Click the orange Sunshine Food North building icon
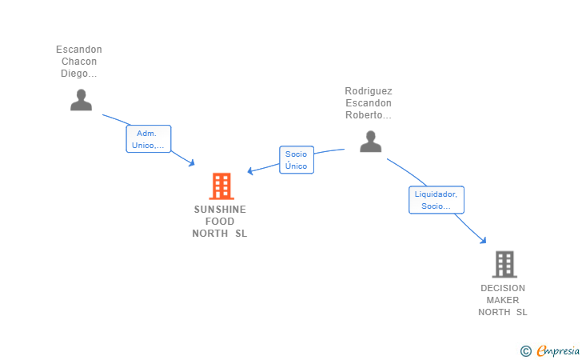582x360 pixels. pos(221,186)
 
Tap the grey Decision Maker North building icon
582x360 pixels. pos(504,265)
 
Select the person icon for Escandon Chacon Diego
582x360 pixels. pos(81,100)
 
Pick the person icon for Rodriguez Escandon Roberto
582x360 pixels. pos(370,142)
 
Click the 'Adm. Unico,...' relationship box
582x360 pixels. pos(149,139)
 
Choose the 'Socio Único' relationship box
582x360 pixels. pos(297,160)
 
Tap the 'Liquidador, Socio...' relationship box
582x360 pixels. pos(436,200)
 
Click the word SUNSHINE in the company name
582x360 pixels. pos(220,210)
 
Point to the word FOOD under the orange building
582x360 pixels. pos(220,222)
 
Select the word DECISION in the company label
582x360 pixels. pos(503,288)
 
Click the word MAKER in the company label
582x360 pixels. pos(503,300)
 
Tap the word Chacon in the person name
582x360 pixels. pos(79,62)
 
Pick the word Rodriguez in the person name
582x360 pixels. pos(369,91)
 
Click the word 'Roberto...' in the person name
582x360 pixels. pos(369,115)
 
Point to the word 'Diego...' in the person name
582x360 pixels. pos(79,74)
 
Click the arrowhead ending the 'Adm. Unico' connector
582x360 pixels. pos(192,162)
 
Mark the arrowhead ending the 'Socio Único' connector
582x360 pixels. pos(250,171)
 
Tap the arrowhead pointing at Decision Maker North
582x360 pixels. pos(483,240)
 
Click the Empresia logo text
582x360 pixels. pos(558,350)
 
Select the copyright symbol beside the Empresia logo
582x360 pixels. pos(526,351)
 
